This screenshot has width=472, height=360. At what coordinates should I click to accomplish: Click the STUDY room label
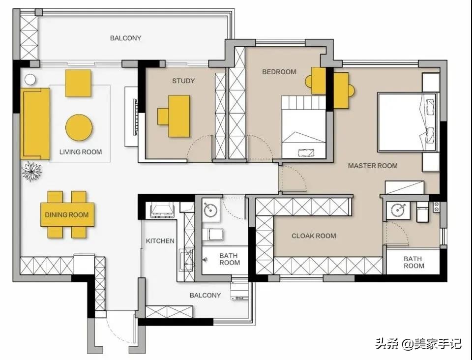[x=183, y=81]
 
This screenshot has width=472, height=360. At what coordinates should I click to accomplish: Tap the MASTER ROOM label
[x=373, y=166]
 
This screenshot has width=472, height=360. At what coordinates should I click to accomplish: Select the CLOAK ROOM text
[x=314, y=236]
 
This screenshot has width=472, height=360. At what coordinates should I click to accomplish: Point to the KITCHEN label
[x=160, y=241]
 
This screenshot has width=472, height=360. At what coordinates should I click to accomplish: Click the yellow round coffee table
[x=79, y=128]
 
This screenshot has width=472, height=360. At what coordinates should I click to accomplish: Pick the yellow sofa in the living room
[x=35, y=123]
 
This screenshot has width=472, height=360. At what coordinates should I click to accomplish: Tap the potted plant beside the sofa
[x=31, y=171]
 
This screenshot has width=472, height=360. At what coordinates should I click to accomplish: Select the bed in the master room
[x=407, y=122]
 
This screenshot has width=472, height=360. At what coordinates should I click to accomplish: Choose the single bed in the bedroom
[x=304, y=127]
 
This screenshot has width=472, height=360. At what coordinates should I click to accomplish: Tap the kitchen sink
[x=187, y=260]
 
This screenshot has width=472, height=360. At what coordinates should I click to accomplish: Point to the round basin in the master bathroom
[x=398, y=210]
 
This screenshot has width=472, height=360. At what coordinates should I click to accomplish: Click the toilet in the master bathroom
[x=422, y=212]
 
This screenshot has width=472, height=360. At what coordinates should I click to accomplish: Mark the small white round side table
[x=30, y=80]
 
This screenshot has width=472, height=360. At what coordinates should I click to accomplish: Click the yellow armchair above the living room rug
[x=78, y=84]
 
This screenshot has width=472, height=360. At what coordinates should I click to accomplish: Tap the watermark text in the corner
[x=418, y=343]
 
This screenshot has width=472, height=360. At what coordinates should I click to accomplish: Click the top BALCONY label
[x=125, y=38]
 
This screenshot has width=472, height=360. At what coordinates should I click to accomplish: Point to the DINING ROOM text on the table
[x=67, y=214]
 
